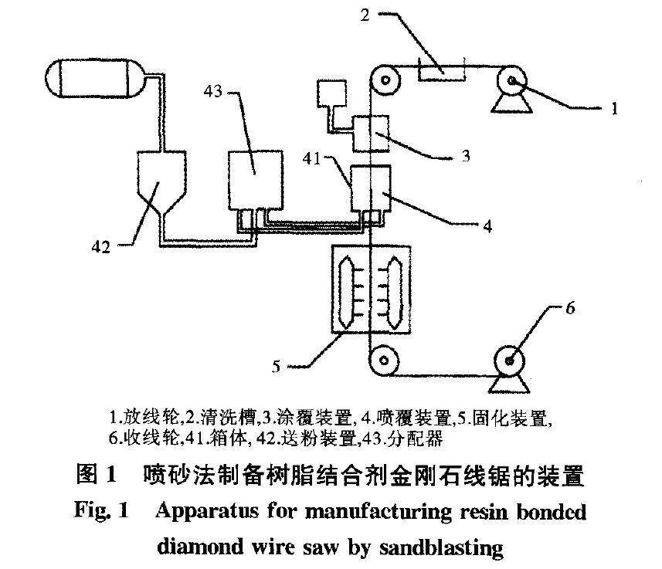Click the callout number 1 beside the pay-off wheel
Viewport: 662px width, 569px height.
[614, 109]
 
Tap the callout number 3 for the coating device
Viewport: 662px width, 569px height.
[466, 156]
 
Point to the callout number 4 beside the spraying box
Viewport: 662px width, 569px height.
[487, 226]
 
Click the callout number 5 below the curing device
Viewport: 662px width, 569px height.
[276, 366]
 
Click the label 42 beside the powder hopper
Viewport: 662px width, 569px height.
[101, 247]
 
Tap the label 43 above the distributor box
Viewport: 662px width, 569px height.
[213, 92]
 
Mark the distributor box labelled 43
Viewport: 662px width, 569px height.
[254, 178]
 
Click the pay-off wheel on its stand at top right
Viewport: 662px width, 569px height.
[511, 80]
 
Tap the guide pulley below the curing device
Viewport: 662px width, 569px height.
[383, 360]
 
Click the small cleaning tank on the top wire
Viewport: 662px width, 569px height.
[441, 69]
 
